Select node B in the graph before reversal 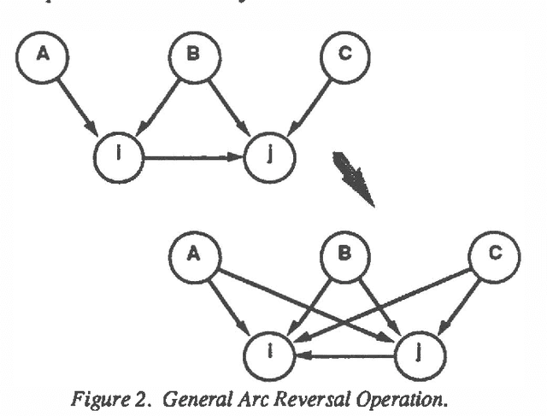[194, 56]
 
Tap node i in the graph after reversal [268, 350]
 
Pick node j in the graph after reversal [419, 350]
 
